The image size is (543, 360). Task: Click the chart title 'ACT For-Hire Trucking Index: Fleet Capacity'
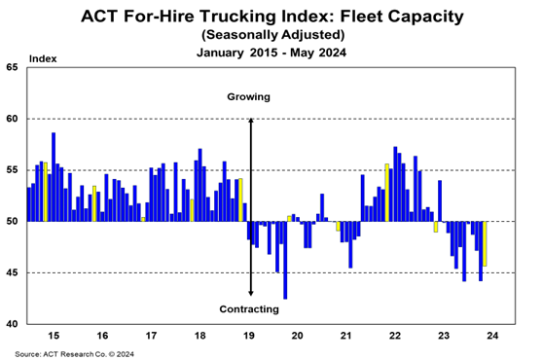tap(271, 17)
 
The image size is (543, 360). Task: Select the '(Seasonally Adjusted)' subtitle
tap(272, 35)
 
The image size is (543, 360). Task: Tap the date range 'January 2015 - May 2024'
tap(271, 53)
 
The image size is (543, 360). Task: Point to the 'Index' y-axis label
tap(43, 58)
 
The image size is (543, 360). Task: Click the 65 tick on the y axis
tap(12, 67)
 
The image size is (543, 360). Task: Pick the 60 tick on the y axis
tap(12, 119)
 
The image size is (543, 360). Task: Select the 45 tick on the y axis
tap(12, 273)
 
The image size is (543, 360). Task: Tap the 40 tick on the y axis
tap(12, 324)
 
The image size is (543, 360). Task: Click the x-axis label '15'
tap(54, 336)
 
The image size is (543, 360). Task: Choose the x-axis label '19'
tap(249, 336)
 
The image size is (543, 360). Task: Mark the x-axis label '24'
tap(492, 336)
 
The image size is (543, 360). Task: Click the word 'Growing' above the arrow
tap(249, 97)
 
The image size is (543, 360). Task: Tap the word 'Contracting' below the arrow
tap(249, 309)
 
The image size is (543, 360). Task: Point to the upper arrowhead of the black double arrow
tap(251, 120)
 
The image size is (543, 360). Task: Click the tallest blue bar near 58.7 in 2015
tap(54, 177)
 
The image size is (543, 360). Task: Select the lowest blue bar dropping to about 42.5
tap(285, 260)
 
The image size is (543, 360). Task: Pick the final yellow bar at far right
tap(485, 243)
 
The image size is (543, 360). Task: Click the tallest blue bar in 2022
tap(395, 184)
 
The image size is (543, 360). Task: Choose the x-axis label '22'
tap(395, 336)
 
